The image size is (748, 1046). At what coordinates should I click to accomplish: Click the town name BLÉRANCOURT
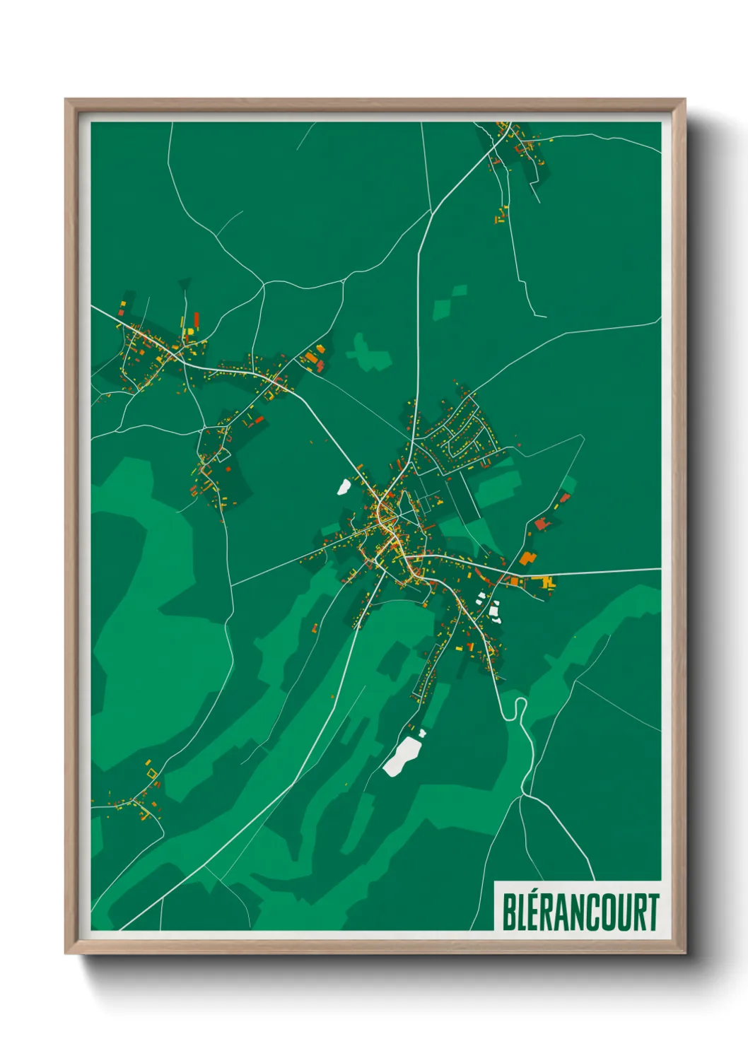pos(580,912)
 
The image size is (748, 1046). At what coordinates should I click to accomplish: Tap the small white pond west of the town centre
pos(344,486)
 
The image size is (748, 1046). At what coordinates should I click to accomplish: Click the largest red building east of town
pos(542,524)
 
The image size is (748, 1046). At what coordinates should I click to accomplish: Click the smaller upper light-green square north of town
pos(460,290)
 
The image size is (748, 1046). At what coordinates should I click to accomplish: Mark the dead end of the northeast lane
pos(545,317)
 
